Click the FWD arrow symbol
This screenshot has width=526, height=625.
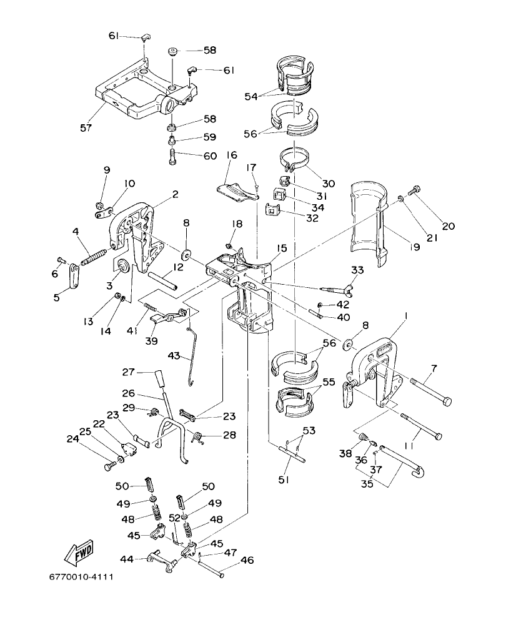pyautogui.click(x=78, y=552)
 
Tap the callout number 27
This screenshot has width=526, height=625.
pyautogui.click(x=127, y=372)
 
